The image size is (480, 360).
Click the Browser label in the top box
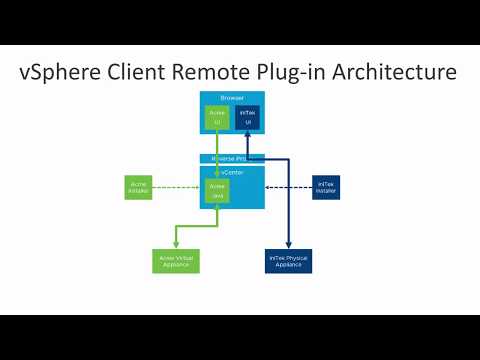click(x=232, y=97)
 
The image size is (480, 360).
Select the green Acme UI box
click(x=217, y=118)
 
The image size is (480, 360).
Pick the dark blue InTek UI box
click(x=247, y=118)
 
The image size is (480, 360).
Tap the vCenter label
click(x=232, y=171)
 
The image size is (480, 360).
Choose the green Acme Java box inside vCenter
click(x=217, y=190)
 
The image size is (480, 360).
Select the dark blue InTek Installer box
click(x=326, y=187)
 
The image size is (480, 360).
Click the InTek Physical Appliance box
click(x=290, y=260)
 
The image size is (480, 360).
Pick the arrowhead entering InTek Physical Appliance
click(x=290, y=245)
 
